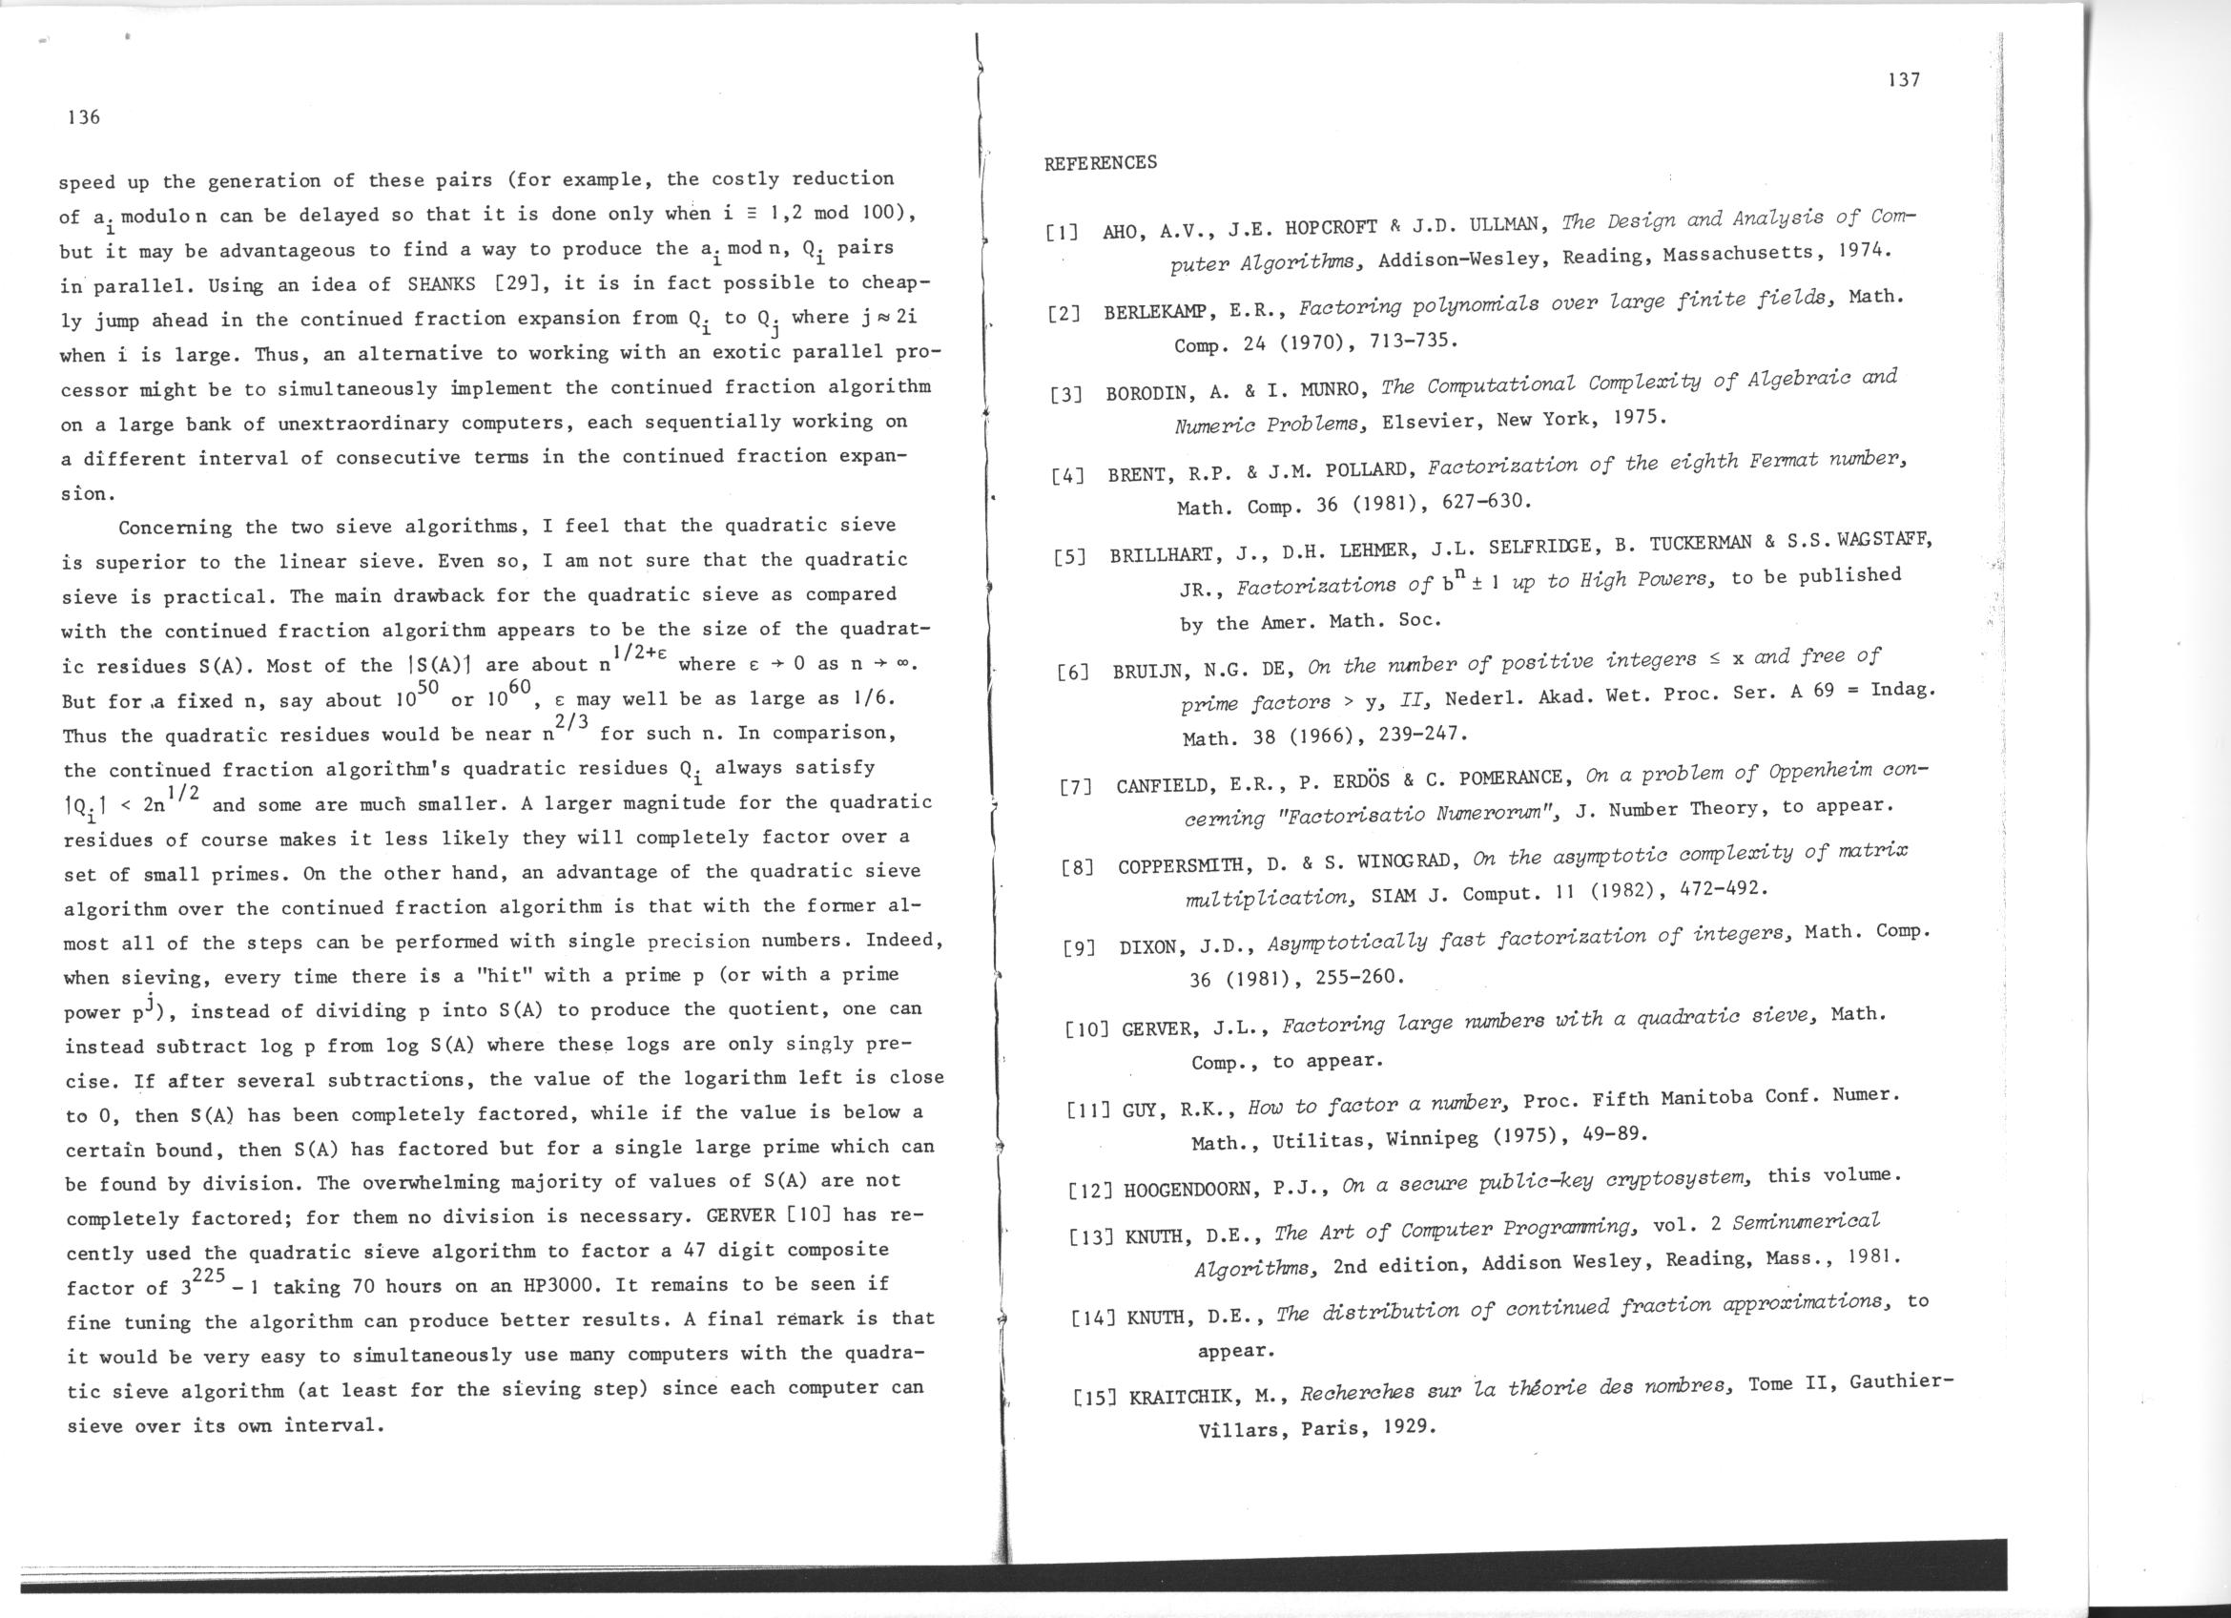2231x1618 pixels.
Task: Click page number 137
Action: [x=1905, y=81]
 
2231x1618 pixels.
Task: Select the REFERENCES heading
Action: [x=1100, y=162]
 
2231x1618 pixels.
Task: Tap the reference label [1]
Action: [x=1062, y=234]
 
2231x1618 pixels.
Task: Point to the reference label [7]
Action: [x=1075, y=788]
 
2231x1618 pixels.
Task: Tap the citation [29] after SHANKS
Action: [x=515, y=284]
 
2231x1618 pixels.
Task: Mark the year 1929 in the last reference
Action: [x=1409, y=1426]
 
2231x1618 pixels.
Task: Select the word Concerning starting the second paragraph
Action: [x=175, y=529]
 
